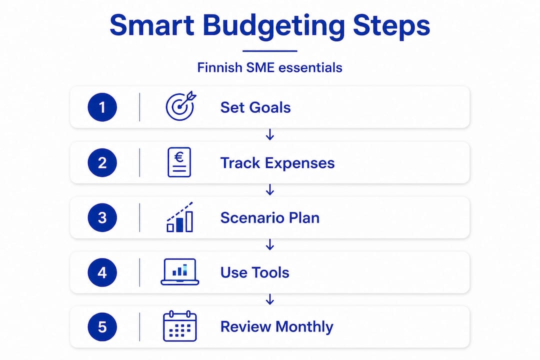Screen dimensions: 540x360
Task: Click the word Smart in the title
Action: click(152, 25)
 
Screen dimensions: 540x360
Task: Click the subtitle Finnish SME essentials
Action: click(269, 67)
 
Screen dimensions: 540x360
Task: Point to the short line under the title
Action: click(269, 51)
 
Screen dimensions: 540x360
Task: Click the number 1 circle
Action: click(102, 107)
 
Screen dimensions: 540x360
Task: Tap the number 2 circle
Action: click(102, 162)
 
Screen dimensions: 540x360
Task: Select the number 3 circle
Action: click(102, 217)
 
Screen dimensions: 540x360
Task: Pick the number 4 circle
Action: click(102, 272)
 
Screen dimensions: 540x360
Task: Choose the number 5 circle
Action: click(102, 326)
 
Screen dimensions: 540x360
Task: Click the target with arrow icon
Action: click(180, 106)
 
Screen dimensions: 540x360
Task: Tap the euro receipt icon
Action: click(179, 162)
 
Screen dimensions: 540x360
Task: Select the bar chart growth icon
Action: click(180, 217)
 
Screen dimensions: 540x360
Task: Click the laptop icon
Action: click(180, 272)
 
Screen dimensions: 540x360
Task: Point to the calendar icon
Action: click(180, 326)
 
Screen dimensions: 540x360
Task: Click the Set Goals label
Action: click(255, 107)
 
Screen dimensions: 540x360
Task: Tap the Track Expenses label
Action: click(277, 163)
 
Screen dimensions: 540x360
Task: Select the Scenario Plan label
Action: click(270, 217)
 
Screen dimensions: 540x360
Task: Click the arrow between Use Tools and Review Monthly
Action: click(270, 299)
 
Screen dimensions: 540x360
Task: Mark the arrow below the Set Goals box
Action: click(270, 134)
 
